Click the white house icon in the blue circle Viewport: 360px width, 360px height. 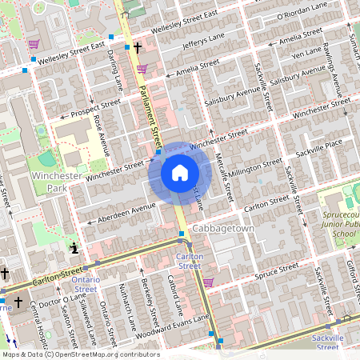pos(179,173)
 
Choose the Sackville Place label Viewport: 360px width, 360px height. pos(319,144)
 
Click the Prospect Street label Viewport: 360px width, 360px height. pos(94,109)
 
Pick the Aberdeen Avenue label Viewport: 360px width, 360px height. pos(126,211)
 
